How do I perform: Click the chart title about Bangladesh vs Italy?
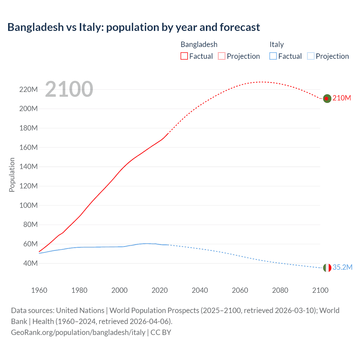coord(134,27)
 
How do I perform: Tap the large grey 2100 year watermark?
coord(69,89)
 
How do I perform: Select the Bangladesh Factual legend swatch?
coord(184,56)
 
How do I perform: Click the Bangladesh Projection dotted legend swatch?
coord(222,56)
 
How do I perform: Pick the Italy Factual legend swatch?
coord(273,56)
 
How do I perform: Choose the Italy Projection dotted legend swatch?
coord(311,56)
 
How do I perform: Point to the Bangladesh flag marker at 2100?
coord(327,98)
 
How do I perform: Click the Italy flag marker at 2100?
coord(327,268)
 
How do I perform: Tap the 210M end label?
coord(342,98)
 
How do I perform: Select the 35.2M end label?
coord(342,267)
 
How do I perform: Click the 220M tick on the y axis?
coord(28,89)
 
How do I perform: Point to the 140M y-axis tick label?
coord(28,166)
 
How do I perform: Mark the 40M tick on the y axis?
coord(30,263)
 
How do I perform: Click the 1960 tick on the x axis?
coord(39,290)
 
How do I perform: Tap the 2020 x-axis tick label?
coord(159,290)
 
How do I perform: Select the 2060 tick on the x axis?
coord(240,290)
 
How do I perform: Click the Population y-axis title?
coord(12,175)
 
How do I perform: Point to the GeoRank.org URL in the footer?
coord(78,332)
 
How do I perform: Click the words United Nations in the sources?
coord(80,310)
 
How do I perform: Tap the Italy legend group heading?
coord(276,44)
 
